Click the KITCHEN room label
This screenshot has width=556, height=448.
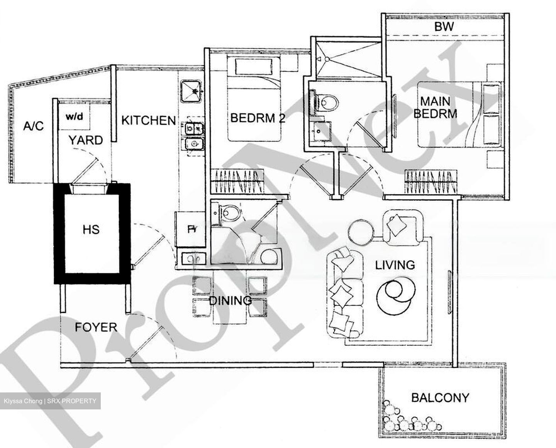[x=149, y=120]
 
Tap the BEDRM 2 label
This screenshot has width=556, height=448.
[x=258, y=118]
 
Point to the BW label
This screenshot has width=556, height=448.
[x=444, y=27]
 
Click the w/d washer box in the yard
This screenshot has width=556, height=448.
[x=75, y=117]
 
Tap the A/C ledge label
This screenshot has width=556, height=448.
[x=34, y=126]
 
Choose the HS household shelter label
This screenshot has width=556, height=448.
[x=91, y=230]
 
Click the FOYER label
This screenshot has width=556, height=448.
[x=96, y=328]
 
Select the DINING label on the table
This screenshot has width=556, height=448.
[x=230, y=300]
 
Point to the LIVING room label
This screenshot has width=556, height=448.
[x=395, y=265]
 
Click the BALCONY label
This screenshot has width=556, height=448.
[x=440, y=397]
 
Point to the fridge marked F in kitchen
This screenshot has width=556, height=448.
[x=190, y=229]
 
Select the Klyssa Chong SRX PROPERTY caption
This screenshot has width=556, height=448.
[x=50, y=401]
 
